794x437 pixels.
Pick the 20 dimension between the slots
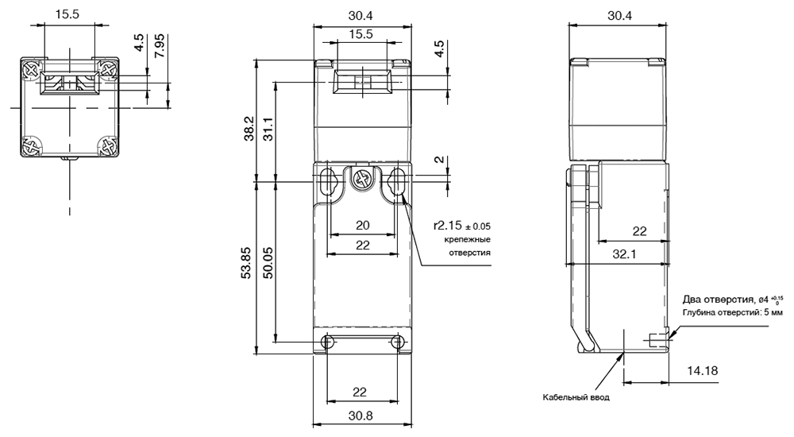[x=363, y=225]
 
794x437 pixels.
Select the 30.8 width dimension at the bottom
[x=360, y=416]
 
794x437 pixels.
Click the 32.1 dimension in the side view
[x=624, y=254]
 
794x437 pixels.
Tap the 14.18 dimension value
[x=703, y=370]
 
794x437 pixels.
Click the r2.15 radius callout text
[x=462, y=226]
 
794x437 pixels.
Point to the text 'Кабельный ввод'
[x=576, y=397]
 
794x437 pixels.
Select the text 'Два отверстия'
[x=715, y=299]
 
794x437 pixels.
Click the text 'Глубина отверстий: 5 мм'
[x=732, y=312]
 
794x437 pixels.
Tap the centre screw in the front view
[x=362, y=180]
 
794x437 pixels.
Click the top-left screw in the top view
[x=32, y=69]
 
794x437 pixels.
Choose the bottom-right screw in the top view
[x=108, y=146]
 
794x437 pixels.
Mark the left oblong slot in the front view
[x=328, y=181]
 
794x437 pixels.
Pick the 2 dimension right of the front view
[x=440, y=159]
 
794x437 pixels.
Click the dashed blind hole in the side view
[x=657, y=341]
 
